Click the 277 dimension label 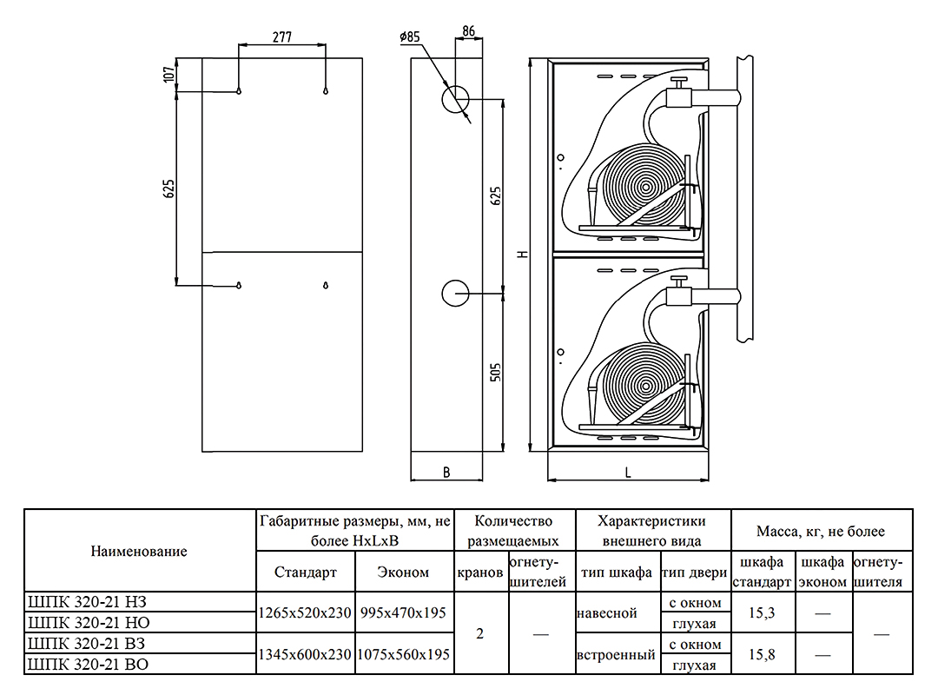click(281, 36)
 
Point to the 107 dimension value click(168, 75)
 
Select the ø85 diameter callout click(410, 36)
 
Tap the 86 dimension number click(468, 31)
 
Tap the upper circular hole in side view click(454, 98)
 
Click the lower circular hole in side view click(454, 294)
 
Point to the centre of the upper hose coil click(644, 187)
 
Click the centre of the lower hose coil click(644, 382)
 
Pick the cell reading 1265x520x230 click(305, 612)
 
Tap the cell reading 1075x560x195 click(403, 655)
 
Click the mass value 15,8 click(761, 655)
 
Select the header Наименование click(139, 551)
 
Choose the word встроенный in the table click(616, 655)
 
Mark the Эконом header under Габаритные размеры click(403, 573)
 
